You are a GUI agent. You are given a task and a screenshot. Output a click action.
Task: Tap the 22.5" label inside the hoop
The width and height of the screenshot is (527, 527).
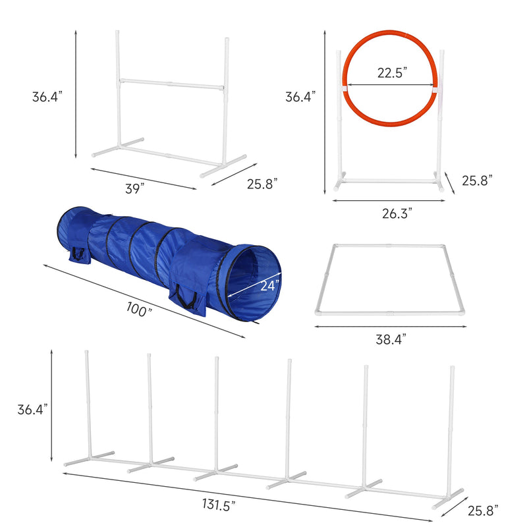[x=392, y=73]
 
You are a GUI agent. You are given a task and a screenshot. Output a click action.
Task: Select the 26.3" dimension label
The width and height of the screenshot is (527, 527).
[x=397, y=213]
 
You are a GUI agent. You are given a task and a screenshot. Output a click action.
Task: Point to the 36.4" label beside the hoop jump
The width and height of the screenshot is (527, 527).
[x=300, y=96]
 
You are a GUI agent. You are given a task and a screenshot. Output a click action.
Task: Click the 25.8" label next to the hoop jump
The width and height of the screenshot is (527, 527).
[x=477, y=180]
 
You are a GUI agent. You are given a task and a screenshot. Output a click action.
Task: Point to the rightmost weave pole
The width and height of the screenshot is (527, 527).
[x=453, y=428]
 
